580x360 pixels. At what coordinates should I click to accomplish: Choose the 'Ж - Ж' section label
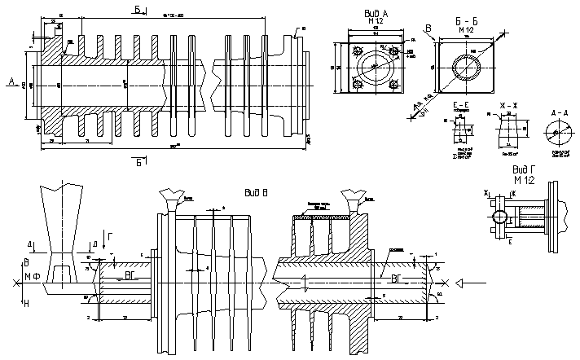pos(508,107)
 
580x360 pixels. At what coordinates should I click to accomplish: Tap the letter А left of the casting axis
pos(10,81)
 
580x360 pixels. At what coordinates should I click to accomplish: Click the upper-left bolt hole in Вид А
pos(356,50)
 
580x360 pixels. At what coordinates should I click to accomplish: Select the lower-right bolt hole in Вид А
pos(394,84)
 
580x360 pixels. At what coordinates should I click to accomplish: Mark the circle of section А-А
pos(558,131)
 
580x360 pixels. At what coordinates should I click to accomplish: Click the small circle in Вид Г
pos(499,217)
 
